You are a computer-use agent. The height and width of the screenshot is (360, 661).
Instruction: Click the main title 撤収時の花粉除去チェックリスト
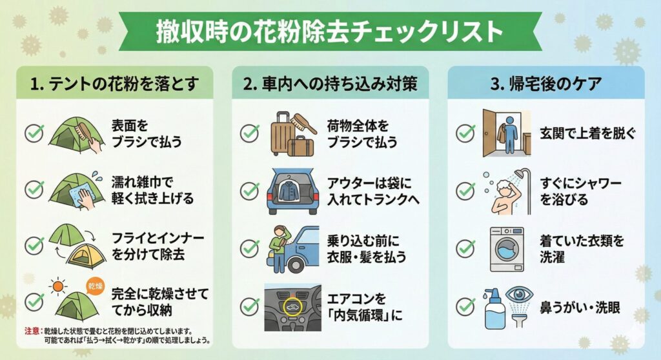pyautogui.click(x=330, y=33)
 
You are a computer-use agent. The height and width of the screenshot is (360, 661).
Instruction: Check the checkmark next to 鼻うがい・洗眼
pyautogui.click(x=465, y=306)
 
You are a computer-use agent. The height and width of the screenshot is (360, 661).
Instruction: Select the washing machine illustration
pyautogui.click(x=506, y=249)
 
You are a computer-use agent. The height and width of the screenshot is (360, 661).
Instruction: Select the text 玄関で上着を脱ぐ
pyautogui.click(x=588, y=134)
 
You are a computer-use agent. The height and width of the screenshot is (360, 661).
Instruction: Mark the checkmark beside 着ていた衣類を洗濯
pyautogui.click(x=465, y=248)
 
